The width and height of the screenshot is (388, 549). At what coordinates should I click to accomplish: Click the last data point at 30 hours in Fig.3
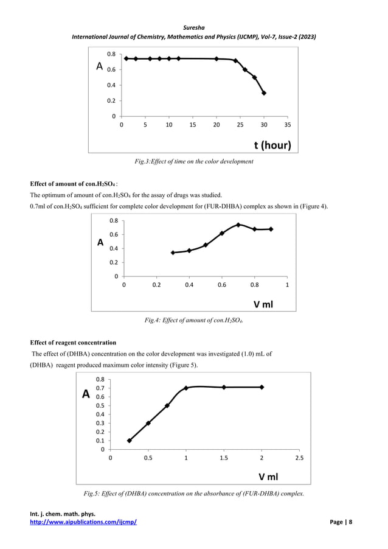click(x=264, y=93)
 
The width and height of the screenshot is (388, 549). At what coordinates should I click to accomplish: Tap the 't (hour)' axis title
click(x=272, y=145)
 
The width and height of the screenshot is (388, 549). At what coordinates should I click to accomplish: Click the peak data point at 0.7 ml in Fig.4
click(x=238, y=225)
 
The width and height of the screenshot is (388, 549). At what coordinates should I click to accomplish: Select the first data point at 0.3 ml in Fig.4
click(x=173, y=253)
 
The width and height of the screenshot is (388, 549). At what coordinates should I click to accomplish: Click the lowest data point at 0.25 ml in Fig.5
click(x=129, y=441)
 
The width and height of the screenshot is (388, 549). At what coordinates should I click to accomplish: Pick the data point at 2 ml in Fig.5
click(x=262, y=387)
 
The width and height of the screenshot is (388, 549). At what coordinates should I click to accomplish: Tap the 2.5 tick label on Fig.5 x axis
click(x=300, y=458)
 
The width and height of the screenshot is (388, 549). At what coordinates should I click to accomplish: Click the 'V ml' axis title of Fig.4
click(x=262, y=303)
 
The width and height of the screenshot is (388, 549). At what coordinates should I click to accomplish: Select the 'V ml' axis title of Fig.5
click(x=269, y=477)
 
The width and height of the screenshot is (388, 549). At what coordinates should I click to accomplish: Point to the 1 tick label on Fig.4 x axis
click(x=287, y=285)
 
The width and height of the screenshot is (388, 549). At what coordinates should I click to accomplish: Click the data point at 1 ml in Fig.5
click(x=186, y=388)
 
